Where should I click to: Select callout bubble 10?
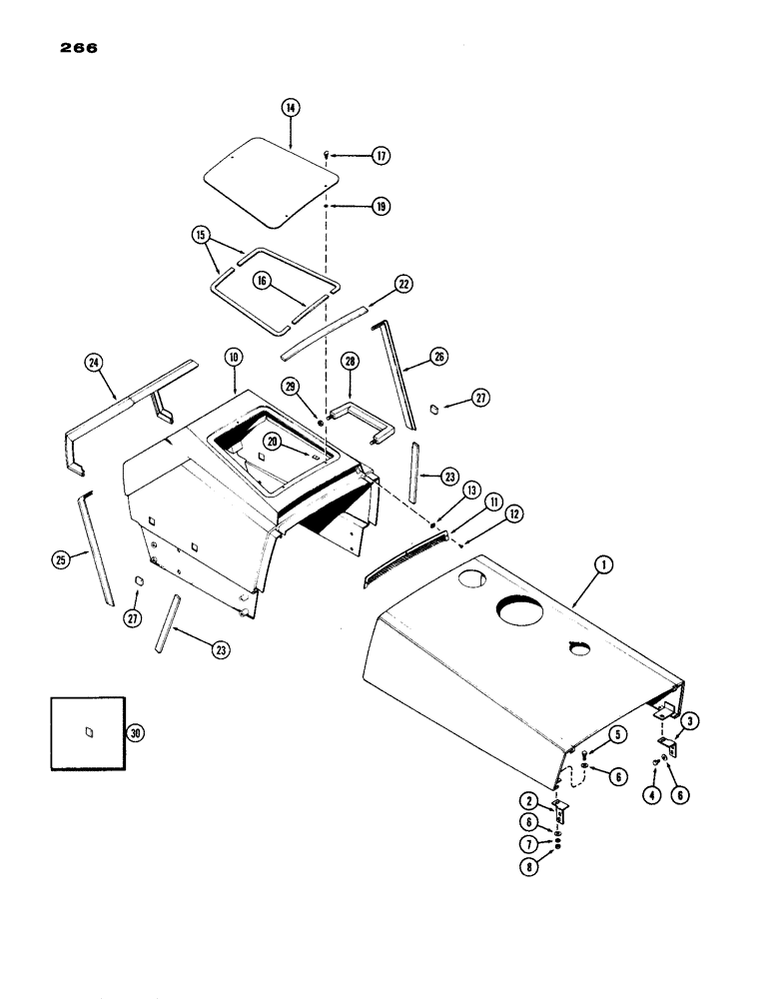click(x=233, y=357)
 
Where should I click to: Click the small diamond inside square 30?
click(x=88, y=730)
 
